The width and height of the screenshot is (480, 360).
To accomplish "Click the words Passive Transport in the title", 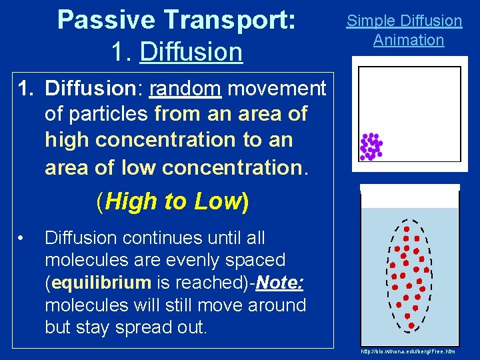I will click(x=176, y=20).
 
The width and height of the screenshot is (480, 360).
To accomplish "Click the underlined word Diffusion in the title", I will click(x=191, y=51).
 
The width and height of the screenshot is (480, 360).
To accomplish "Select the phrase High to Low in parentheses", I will click(x=173, y=201).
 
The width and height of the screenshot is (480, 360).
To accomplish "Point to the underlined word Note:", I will click(x=279, y=283).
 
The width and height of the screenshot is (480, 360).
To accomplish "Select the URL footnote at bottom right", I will click(x=407, y=351).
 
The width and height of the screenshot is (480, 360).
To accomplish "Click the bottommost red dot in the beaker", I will click(x=411, y=325).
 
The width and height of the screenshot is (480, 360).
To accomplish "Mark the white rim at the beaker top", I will click(x=409, y=189).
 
